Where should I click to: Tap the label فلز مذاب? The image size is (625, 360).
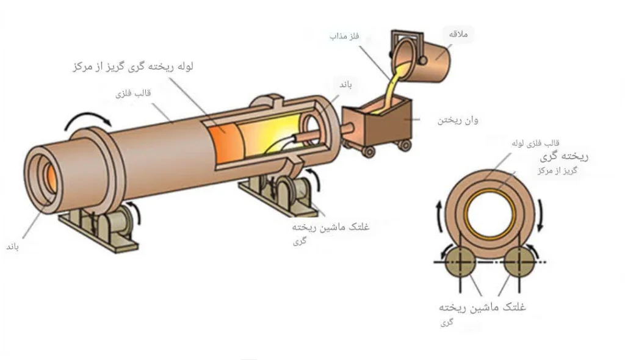(345, 37)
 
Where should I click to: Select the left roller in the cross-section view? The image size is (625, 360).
(460, 262)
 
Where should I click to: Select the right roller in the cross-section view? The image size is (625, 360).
(518, 262)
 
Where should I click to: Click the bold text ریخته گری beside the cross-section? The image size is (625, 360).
(565, 157)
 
